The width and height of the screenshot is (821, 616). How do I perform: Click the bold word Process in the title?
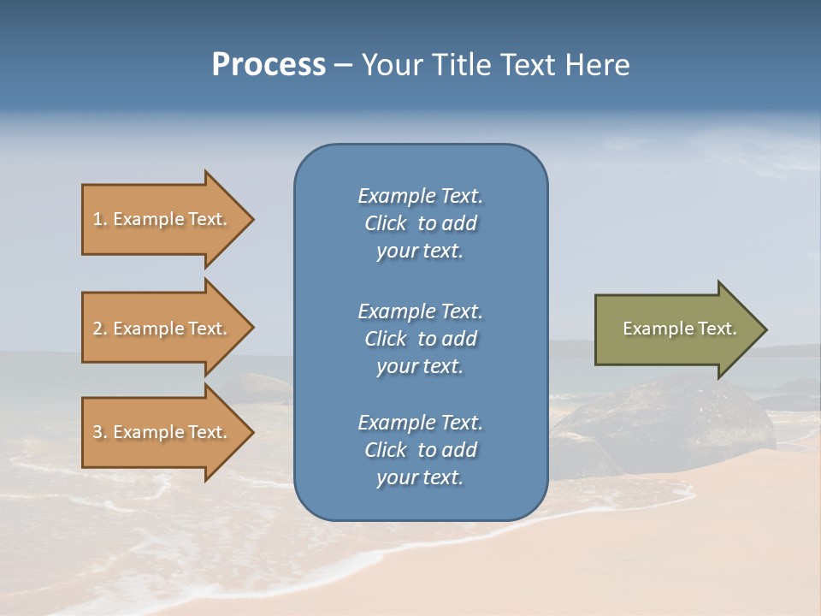(269, 65)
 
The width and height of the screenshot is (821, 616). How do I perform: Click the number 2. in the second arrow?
(100, 329)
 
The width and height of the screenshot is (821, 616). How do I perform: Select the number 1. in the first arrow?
(100, 219)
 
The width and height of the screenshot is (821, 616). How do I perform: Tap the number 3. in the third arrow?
(100, 432)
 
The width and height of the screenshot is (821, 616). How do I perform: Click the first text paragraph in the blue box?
(420, 223)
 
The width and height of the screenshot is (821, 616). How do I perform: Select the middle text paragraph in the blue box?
(420, 339)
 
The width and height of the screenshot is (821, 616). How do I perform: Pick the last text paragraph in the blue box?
(420, 450)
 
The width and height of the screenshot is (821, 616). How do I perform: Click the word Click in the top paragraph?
(386, 223)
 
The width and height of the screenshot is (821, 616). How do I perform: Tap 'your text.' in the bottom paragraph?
(420, 477)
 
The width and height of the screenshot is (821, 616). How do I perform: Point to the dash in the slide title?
(343, 66)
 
